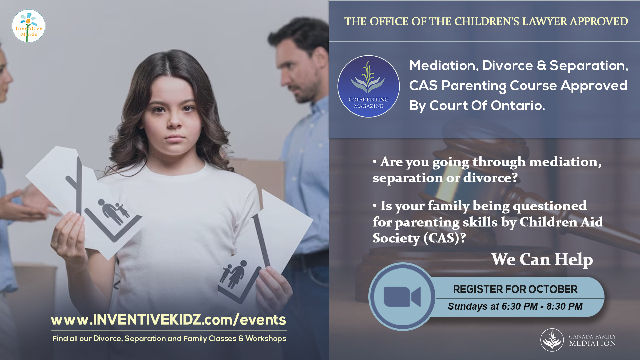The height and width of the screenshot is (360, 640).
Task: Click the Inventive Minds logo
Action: pyautogui.click(x=28, y=26)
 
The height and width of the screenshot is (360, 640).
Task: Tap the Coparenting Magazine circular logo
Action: pyautogui.click(x=368, y=86)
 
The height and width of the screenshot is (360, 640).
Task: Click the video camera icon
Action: pyautogui.click(x=402, y=297)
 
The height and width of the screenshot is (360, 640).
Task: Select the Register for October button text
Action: pyautogui.click(x=515, y=289)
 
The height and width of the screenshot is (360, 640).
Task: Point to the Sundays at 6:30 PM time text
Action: pyautogui.click(x=515, y=306)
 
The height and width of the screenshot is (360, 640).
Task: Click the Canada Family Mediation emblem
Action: pyautogui.click(x=552, y=340)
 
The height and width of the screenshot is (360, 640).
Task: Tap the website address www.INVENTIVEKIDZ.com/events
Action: pyautogui.click(x=168, y=320)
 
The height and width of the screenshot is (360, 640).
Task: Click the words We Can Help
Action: pyautogui.click(x=542, y=260)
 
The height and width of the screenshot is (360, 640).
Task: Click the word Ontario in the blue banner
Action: pyautogui.click(x=518, y=106)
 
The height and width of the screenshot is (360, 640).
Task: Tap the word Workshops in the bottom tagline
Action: pyautogui.click(x=266, y=339)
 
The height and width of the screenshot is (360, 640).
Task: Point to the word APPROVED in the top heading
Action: pyautogui.click(x=599, y=21)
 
